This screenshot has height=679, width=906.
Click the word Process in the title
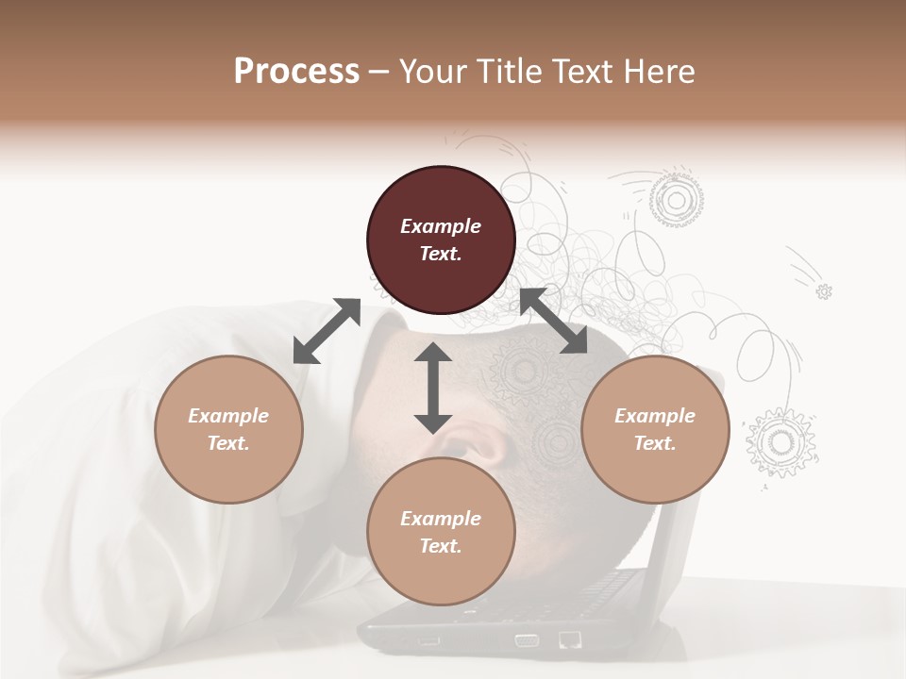tap(296, 72)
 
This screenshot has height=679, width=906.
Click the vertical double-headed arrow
tap(433, 388)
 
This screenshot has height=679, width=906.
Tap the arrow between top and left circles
tap(327, 331)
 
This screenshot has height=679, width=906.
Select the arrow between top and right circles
tap(553, 322)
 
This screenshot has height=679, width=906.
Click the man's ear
tap(481, 439)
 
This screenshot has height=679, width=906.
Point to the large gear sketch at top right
tap(676, 199)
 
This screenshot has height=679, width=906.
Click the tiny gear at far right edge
tap(824, 291)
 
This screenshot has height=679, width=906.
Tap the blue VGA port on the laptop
tap(527, 641)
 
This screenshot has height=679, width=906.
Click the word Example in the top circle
tap(441, 226)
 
